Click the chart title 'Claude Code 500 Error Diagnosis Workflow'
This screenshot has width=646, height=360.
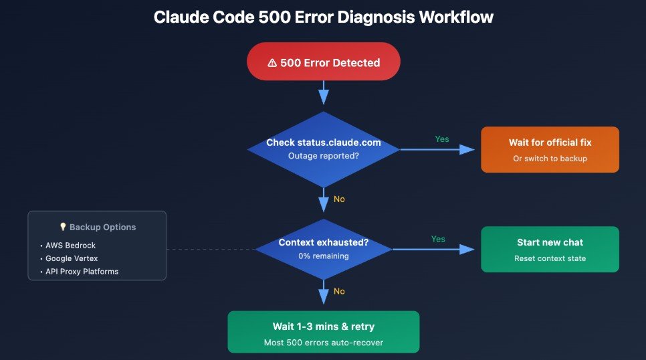pyautogui.click(x=323, y=17)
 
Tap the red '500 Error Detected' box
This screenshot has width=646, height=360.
pyautogui.click(x=324, y=63)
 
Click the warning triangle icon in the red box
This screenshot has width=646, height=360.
pyautogui.click(x=272, y=63)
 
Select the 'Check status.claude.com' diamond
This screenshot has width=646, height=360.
pyautogui.click(x=324, y=149)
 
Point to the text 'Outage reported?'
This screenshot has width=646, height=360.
pyautogui.click(x=324, y=156)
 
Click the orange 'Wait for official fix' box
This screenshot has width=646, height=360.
pyautogui.click(x=550, y=149)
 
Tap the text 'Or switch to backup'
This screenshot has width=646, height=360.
pyautogui.click(x=550, y=158)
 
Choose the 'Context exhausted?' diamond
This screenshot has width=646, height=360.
pyautogui.click(x=324, y=249)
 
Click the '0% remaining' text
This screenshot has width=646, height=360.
pyautogui.click(x=324, y=256)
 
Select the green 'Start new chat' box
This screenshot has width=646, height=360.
pyautogui.click(x=550, y=250)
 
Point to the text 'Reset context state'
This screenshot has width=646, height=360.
pyautogui.click(x=550, y=258)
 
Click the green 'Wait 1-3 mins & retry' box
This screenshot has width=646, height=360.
pyautogui.click(x=324, y=331)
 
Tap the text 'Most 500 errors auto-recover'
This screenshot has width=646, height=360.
pyautogui.click(x=324, y=343)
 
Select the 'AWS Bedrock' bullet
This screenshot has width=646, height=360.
pyautogui.click(x=71, y=246)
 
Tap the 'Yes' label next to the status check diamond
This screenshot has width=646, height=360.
pyautogui.click(x=442, y=139)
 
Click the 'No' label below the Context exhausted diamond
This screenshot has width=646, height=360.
pyautogui.click(x=339, y=291)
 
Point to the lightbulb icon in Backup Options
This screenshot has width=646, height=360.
pyautogui.click(x=64, y=227)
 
